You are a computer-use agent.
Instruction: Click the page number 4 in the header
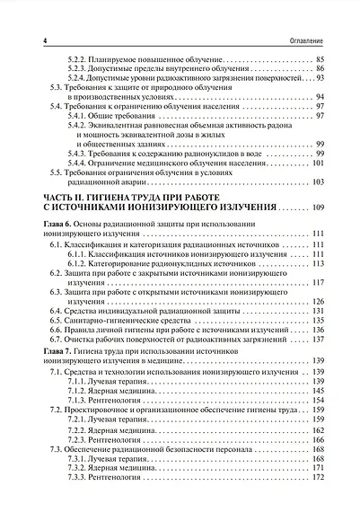32,41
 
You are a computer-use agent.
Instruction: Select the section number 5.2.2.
81,59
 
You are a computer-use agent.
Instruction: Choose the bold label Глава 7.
49,349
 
